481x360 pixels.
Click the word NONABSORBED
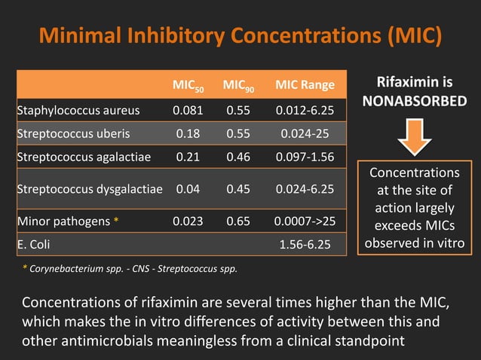(415, 99)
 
